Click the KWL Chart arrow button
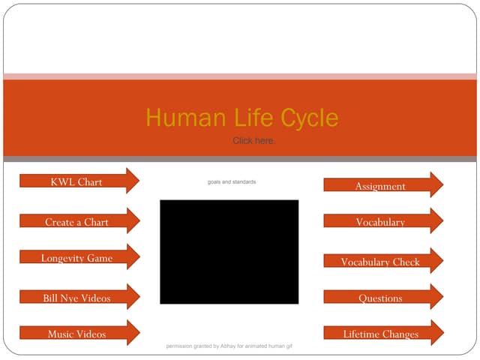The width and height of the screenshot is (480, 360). (x=76, y=181)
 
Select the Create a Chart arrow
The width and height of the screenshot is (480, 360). (x=76, y=222)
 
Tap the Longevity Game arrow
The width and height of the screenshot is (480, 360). (x=76, y=258)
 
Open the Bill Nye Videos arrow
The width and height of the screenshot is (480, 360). (x=76, y=298)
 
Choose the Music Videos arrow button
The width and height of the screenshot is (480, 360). (x=76, y=334)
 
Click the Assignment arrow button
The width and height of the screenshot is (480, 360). (x=380, y=186)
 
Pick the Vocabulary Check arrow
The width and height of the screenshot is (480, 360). (x=380, y=262)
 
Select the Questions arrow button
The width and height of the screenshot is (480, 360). (x=380, y=298)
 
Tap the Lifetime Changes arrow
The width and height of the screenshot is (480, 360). (x=380, y=334)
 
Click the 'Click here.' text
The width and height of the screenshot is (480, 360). (x=253, y=140)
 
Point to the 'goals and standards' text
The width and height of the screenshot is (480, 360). (x=232, y=181)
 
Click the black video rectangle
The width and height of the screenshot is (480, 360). (x=229, y=251)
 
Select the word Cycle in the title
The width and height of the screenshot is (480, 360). (x=309, y=118)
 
